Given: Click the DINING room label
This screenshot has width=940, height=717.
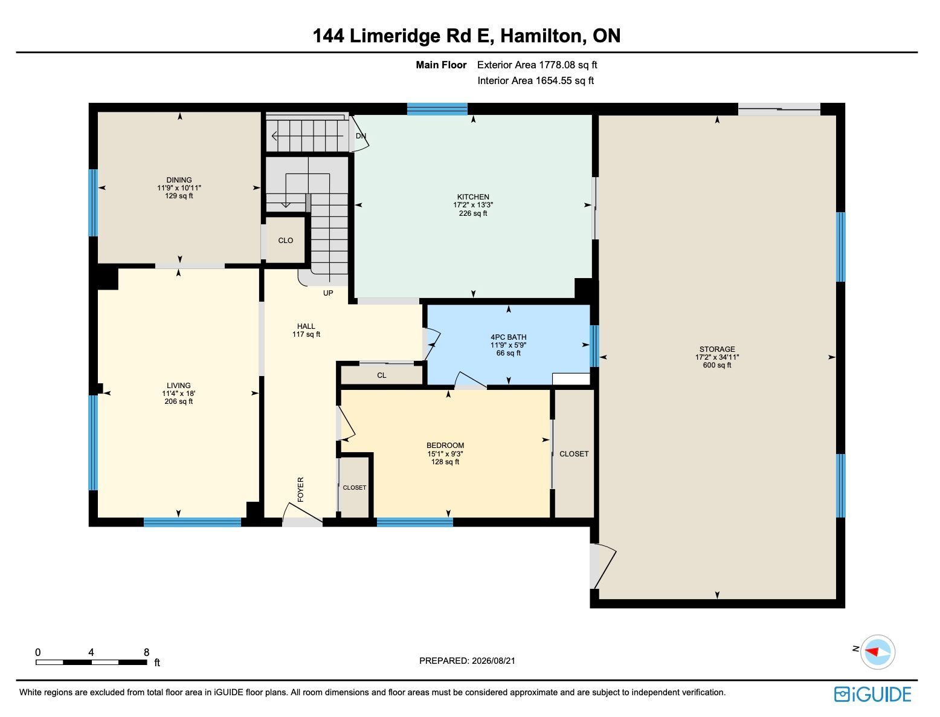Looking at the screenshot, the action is point(179,180).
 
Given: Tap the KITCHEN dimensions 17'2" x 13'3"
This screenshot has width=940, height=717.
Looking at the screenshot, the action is point(473,206).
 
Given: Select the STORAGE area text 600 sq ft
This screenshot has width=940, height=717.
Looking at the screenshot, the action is point(717,365).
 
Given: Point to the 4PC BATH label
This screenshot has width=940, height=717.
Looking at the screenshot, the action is point(508,337).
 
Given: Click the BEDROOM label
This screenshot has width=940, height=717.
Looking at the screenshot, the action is point(445,446).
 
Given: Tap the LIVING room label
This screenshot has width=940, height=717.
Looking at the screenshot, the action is point(179,386).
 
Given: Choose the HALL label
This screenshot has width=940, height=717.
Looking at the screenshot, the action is point(306,326).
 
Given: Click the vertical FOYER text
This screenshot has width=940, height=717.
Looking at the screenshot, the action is point(301,490).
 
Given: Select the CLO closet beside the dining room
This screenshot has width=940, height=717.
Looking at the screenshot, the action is point(286,241).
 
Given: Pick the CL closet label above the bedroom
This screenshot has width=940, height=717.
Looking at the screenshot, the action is point(382,375).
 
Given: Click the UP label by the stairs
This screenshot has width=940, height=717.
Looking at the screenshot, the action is point(328,293).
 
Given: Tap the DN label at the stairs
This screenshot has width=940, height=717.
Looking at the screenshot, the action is point(361,136).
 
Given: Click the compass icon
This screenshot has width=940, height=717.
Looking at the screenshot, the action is point(878,652).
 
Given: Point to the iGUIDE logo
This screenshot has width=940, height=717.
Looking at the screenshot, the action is point(872,694).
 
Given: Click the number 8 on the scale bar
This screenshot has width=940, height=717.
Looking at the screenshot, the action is point(146,652).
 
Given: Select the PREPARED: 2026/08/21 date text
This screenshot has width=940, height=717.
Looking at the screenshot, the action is point(467,661).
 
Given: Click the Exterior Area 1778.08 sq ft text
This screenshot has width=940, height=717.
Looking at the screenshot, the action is point(537,65).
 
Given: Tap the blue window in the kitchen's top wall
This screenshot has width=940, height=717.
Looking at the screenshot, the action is point(437,109).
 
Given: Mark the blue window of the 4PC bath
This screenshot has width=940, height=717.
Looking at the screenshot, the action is point(594,346).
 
